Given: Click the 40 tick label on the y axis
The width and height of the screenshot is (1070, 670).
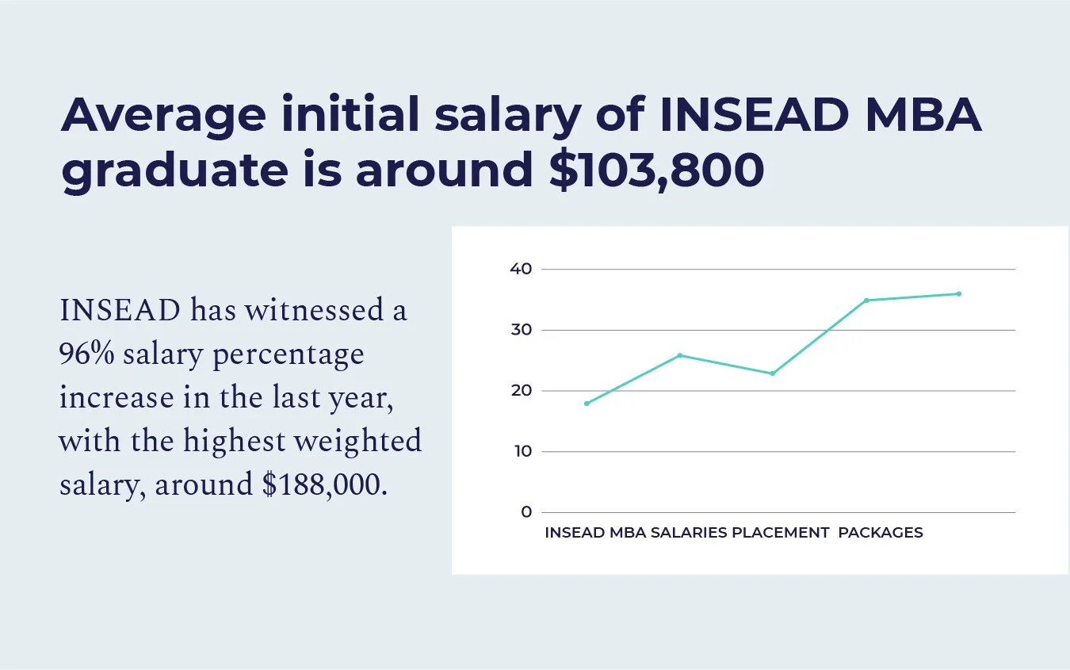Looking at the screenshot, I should pyautogui.click(x=521, y=269).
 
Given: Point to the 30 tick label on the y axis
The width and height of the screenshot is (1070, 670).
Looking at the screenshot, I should pyautogui.click(x=521, y=330).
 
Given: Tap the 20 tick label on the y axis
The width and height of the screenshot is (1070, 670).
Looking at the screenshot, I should pyautogui.click(x=521, y=391).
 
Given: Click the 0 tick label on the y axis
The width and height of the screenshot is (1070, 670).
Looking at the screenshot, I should pyautogui.click(x=526, y=512).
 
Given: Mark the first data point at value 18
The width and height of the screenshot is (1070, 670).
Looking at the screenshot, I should pyautogui.click(x=587, y=404).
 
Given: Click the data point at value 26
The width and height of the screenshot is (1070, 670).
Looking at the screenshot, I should pyautogui.click(x=679, y=355).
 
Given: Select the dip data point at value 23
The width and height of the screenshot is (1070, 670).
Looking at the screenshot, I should pyautogui.click(x=773, y=373).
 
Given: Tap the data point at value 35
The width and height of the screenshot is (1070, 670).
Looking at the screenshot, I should pyautogui.click(x=866, y=301).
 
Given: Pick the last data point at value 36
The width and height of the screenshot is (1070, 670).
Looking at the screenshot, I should pyautogui.click(x=959, y=294).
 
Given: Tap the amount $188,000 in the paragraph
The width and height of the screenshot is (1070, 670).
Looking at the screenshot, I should pyautogui.click(x=326, y=484).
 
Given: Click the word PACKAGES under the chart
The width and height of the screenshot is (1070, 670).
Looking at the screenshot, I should pyautogui.click(x=881, y=533).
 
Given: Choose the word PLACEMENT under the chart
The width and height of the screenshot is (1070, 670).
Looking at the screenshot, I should pyautogui.click(x=780, y=533).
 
